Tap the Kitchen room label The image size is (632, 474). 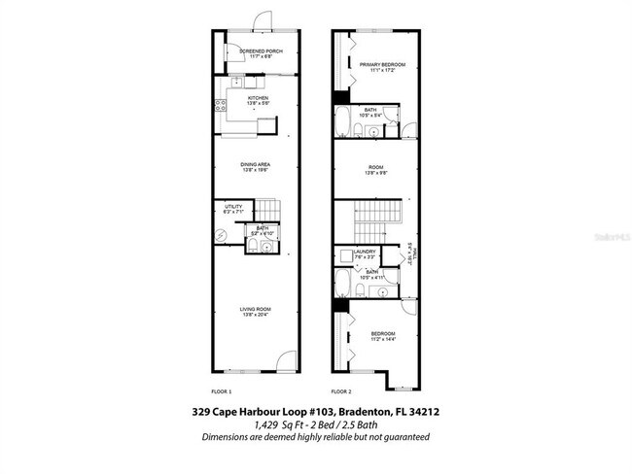(258, 97)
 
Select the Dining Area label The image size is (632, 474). (256, 164)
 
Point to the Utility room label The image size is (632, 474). (233, 206)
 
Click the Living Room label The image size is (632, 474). (256, 310)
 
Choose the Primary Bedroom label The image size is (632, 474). (381, 65)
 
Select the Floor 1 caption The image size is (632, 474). (224, 391)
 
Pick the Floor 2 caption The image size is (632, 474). (340, 391)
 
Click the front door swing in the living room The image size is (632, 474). (282, 362)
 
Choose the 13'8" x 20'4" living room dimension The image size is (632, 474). (256, 316)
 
